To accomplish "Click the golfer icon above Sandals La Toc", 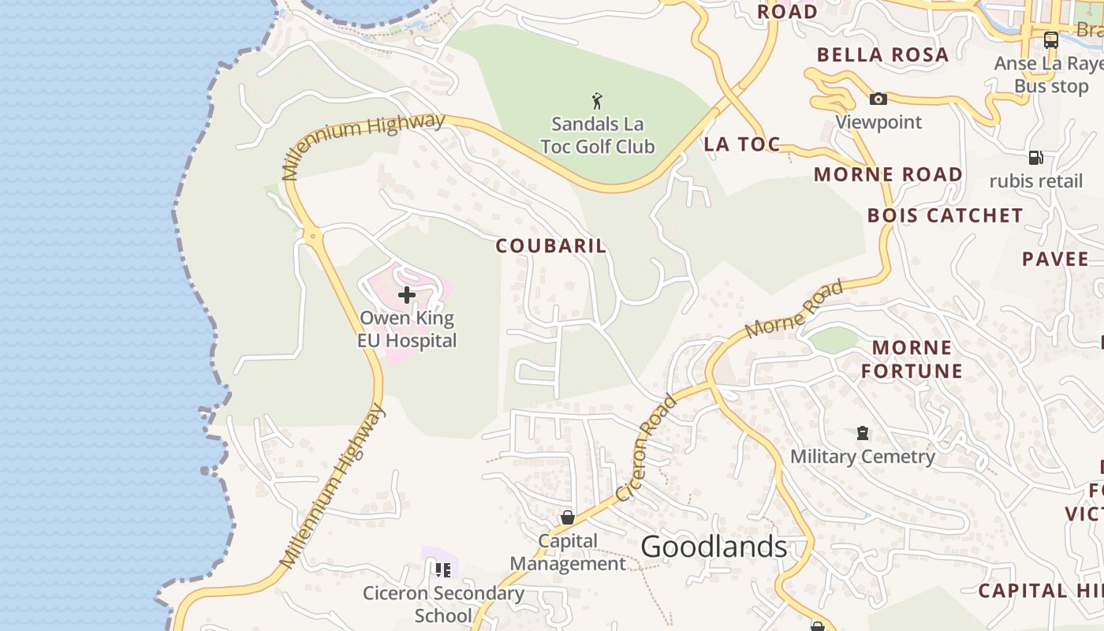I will coord(597,101).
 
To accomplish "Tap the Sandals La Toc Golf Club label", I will coord(598,135).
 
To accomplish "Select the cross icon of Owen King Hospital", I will coord(407,295).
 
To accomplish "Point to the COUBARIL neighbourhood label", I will coord(551,245).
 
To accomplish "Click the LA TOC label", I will coord(742,144).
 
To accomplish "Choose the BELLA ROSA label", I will coord(882,55).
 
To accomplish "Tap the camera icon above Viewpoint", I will coord(878,99).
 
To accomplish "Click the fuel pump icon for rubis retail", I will coord(1036,158).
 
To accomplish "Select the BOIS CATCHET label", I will coord(945,215).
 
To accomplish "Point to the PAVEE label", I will coord(1055,259).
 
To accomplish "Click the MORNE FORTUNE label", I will coord(912,359).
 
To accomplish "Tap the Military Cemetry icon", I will coord(863,433).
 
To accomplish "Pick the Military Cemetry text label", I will coord(863,456).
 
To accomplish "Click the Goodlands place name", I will coord(714,547).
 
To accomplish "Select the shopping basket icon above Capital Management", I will coord(567,517).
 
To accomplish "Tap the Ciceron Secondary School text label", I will coord(443,603).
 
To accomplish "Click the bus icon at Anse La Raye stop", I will coord(1050,40).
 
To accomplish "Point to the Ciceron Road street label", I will coord(647,447).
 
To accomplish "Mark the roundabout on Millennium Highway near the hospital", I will coord(313,235).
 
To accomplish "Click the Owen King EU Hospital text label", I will coord(407,330).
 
